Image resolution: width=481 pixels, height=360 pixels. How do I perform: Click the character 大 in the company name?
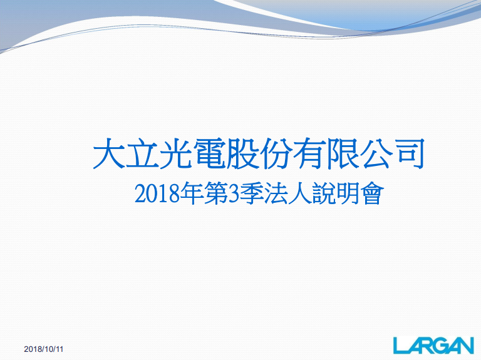pyautogui.click(x=109, y=153)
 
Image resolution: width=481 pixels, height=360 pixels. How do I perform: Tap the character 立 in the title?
pyautogui.click(x=142, y=153)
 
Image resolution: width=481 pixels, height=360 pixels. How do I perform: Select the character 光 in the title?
pyautogui.click(x=176, y=153)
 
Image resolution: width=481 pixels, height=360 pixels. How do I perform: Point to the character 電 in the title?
pyautogui.click(x=209, y=153)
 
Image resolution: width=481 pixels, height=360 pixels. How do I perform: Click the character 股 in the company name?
pyautogui.click(x=242, y=153)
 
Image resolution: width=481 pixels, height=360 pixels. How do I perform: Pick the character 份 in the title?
pyautogui.click(x=276, y=153)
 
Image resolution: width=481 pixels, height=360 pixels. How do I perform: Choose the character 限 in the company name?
pyautogui.click(x=343, y=153)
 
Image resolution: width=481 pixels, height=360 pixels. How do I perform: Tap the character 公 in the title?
pyautogui.click(x=376, y=153)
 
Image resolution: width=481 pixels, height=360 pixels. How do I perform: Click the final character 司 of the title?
pyautogui.click(x=409, y=153)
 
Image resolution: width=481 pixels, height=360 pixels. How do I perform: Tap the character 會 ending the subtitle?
pyautogui.click(x=373, y=194)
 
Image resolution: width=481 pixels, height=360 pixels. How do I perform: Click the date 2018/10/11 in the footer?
pyautogui.click(x=44, y=349)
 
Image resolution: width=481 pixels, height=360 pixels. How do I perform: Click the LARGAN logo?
pyautogui.click(x=433, y=345)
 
